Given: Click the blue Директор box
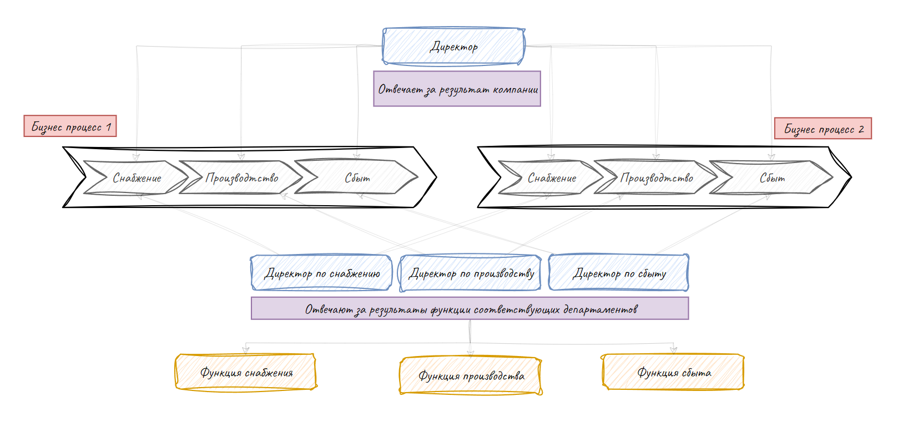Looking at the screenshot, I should point(453,47).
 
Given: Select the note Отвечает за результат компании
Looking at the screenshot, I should point(457,89).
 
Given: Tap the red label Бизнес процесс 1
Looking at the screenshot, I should point(70,126).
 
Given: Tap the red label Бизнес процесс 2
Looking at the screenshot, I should point(823,129).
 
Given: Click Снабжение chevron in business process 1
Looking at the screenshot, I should point(137,178).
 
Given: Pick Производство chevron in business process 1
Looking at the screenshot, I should point(241,178).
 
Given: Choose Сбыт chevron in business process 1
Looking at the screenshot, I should point(357,178).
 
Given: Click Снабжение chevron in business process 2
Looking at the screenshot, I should point(552,178).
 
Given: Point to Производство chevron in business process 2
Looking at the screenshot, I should point(657,178).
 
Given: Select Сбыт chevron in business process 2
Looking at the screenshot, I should point(772,178).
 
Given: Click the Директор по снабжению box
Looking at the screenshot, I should point(322,273).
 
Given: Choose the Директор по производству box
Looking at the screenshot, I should point(471,273).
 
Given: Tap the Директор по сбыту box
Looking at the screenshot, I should point(619,273).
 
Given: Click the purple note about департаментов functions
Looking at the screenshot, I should point(470,309).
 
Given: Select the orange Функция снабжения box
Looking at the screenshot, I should point(246,372).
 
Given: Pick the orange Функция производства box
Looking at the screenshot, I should point(471,375).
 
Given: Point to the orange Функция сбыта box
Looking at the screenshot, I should point(673,372).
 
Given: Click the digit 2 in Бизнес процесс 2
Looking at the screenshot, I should point(861,129).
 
